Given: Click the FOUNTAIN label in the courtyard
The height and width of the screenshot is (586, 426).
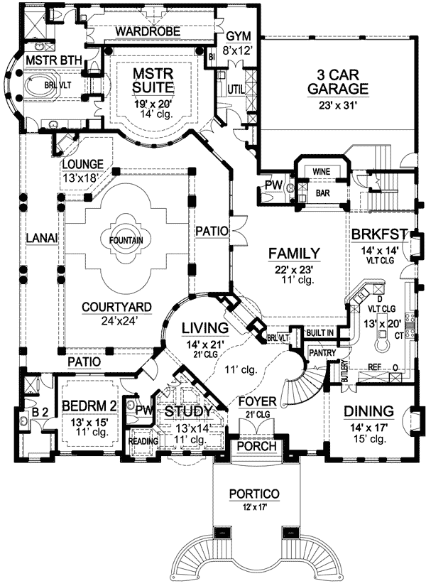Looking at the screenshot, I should [126, 241].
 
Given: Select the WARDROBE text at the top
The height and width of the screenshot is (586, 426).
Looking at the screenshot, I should [148, 33].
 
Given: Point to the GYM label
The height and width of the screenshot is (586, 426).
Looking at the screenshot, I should [234, 37].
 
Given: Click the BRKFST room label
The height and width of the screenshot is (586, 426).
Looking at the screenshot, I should [376, 235].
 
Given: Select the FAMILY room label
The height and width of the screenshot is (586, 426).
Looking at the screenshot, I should [295, 253].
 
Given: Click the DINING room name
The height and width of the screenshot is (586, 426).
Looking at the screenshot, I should [368, 411].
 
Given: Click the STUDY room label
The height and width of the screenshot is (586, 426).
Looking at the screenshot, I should [188, 411].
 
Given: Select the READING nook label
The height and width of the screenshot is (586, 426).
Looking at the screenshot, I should [142, 441].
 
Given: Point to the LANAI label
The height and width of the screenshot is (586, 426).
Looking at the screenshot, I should [38, 237].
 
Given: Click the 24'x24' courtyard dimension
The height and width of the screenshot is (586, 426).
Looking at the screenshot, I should [126, 320].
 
